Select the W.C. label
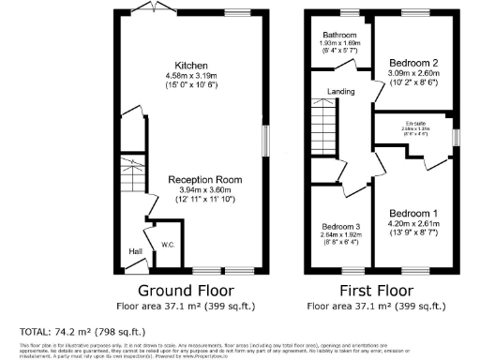point(169,245)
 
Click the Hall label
point(136,251)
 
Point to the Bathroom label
point(335,34)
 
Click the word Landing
point(339,91)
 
